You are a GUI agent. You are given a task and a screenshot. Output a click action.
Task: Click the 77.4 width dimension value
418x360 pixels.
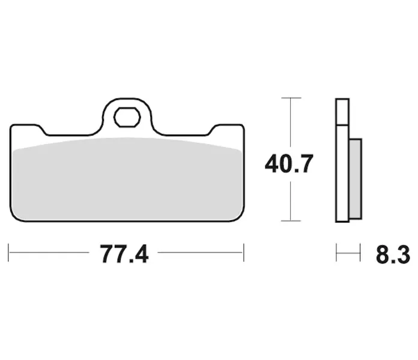(x=124, y=254)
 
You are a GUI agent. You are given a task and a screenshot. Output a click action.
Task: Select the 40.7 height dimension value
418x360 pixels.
(x=289, y=163)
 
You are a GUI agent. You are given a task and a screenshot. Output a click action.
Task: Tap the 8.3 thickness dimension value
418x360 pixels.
(x=393, y=254)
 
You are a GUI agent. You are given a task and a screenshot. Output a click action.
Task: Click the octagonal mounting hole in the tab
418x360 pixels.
(x=127, y=117)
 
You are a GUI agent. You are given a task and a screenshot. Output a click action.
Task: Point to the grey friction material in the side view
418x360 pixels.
(x=356, y=179)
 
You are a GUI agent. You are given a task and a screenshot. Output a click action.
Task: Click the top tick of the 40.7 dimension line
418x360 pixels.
(x=291, y=98)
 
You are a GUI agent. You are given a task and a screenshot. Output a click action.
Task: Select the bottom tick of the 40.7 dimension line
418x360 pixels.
(x=291, y=221)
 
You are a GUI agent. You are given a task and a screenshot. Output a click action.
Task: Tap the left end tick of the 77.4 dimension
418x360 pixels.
(x=8, y=253)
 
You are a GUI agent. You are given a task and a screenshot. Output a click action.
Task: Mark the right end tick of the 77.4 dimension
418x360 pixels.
(x=244, y=253)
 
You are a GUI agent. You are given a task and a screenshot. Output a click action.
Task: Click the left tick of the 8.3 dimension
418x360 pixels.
(x=336, y=253)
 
